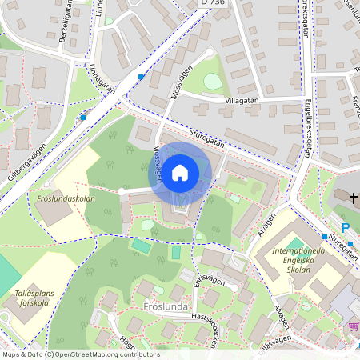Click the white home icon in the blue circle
(x=180, y=173)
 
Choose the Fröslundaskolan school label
(x=66, y=198)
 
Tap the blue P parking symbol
(x=346, y=228)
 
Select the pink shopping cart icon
(x=353, y=326)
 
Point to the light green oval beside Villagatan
(x=212, y=82)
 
